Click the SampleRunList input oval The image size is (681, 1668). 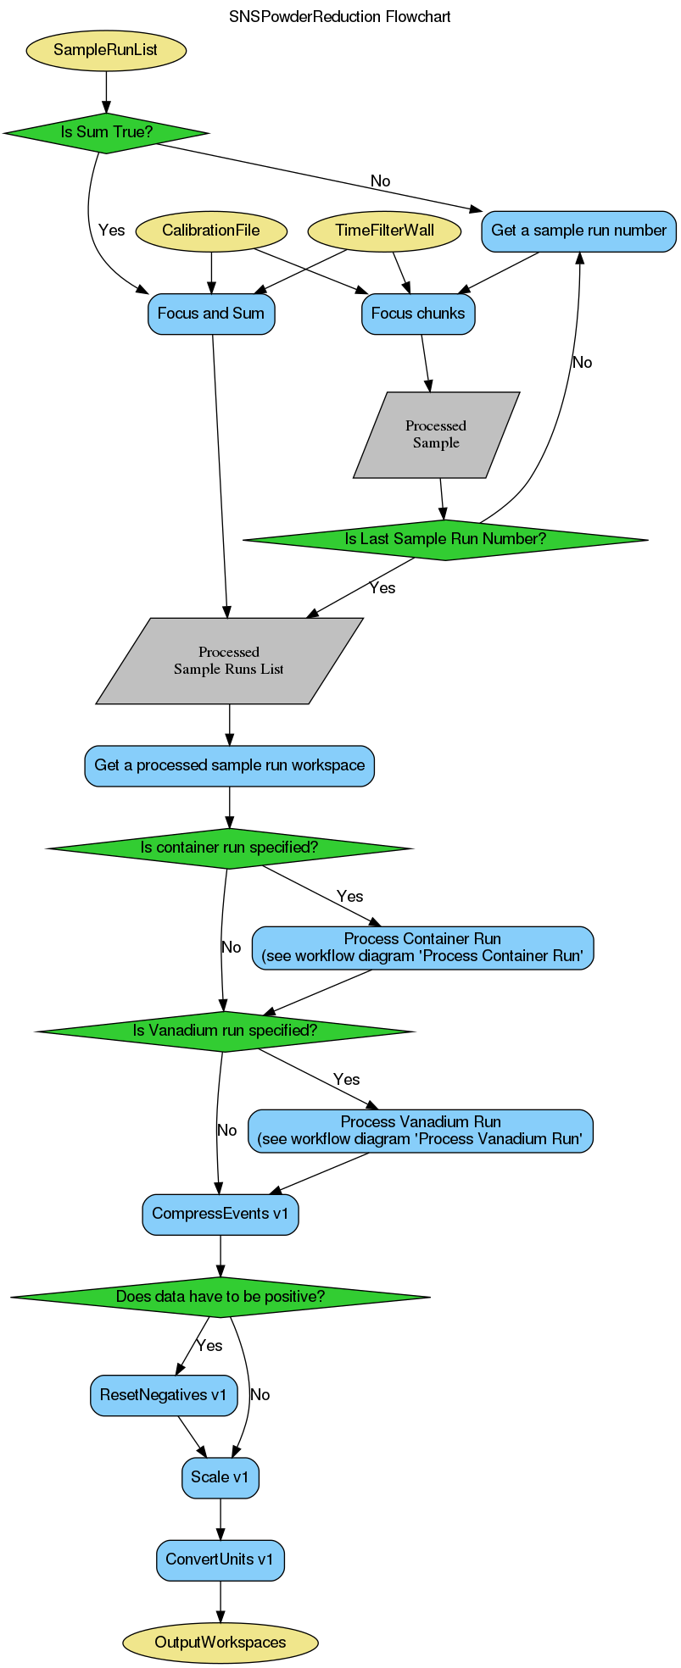pos(106,50)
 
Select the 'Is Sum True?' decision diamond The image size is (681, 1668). pos(106,132)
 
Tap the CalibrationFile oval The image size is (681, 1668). pos(211,231)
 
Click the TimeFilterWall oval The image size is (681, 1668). pos(384,231)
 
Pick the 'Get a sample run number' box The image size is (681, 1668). pos(578,231)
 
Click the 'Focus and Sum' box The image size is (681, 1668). pos(211,314)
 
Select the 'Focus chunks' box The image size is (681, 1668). pos(418,314)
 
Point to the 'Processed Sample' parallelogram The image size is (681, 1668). pos(436,435)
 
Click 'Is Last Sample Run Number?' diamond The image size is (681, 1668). pos(445,539)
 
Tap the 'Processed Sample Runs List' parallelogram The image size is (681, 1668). pos(229,661)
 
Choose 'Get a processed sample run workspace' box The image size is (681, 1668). pos(229,765)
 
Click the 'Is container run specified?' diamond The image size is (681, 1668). pos(229,848)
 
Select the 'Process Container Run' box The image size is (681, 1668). pos(422,948)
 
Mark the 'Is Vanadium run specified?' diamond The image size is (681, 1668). pos(225,1031)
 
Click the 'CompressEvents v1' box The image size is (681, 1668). pos(220,1214)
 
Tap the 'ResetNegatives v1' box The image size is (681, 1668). pos(164,1395)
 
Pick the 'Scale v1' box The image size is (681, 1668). pos(220,1477)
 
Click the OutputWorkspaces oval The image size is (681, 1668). pos(220,1643)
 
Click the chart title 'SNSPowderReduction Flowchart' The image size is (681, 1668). pos(340,17)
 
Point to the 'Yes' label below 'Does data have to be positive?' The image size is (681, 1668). pos(209,1346)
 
